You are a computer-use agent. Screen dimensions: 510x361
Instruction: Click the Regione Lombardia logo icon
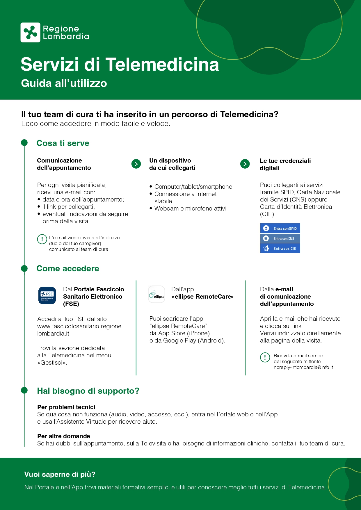point(30,32)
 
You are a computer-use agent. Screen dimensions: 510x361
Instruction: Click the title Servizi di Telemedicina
point(120,64)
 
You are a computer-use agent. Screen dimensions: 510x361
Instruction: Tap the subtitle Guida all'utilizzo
point(64,83)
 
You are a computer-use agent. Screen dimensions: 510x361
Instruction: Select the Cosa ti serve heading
point(63,143)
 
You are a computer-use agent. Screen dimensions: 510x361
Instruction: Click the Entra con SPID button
point(280,228)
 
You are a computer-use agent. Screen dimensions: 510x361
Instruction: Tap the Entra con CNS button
point(280,238)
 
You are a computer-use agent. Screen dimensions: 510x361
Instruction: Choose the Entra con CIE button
point(280,248)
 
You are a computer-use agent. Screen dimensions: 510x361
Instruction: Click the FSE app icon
point(47,295)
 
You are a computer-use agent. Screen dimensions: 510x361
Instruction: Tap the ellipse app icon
point(157,295)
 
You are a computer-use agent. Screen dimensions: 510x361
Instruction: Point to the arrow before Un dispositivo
point(136,164)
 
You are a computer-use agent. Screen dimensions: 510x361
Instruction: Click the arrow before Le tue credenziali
point(245,164)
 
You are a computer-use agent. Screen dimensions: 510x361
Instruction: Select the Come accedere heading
point(68,268)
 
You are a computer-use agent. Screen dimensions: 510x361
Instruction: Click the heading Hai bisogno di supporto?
point(88,391)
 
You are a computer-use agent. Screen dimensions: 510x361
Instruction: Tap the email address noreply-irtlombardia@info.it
point(303,367)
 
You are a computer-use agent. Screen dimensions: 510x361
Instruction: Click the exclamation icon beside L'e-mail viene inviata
point(42,239)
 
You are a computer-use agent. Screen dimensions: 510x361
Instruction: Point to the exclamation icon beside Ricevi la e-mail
point(265,357)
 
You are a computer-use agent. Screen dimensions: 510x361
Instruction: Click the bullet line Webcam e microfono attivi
point(190,208)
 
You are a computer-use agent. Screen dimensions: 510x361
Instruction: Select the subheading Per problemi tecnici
point(66,407)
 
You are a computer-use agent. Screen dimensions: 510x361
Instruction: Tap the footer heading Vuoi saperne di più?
point(60,474)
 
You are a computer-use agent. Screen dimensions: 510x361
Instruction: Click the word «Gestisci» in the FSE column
point(52,363)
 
